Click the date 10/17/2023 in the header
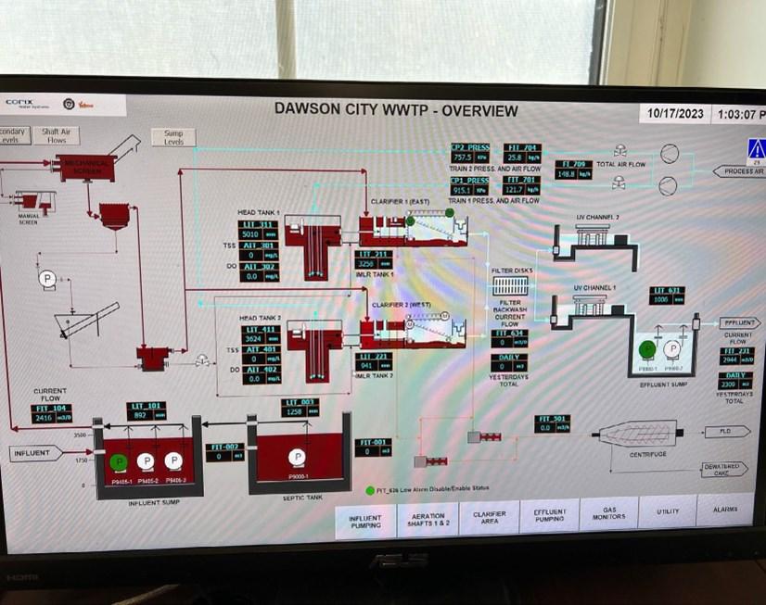[673, 114]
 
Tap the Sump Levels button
[173, 138]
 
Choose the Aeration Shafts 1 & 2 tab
[428, 521]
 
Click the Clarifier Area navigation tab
[489, 518]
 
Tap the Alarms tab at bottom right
[725, 510]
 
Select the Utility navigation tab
[668, 511]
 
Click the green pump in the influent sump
[118, 461]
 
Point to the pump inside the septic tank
[297, 456]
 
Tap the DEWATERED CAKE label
[720, 469]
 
